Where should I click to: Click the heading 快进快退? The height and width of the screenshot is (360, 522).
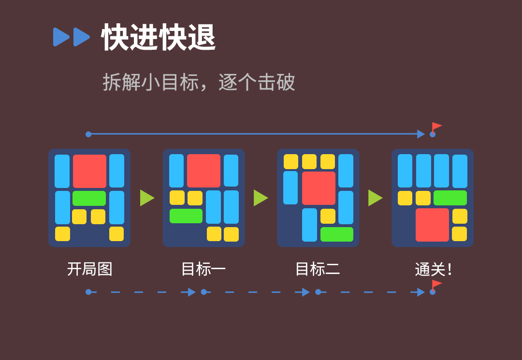point(159,37)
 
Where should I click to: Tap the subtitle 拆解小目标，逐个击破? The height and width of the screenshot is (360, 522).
point(199,82)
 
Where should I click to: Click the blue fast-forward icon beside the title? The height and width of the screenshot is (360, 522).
point(72,37)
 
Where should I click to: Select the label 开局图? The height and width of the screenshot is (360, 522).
point(89,269)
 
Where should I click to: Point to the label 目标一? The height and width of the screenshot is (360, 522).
point(203,269)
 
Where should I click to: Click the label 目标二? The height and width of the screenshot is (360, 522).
point(318,269)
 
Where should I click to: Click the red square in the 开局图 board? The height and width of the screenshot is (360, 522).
point(89,171)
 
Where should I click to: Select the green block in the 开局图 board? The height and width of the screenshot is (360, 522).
point(89,198)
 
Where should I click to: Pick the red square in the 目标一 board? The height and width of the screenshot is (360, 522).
point(203,171)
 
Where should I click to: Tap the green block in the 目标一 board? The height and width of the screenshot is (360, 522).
point(186,216)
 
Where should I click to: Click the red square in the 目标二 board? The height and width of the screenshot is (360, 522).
point(319,188)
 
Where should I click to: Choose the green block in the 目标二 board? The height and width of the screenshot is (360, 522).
point(337,234)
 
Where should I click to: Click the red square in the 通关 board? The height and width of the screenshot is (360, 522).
point(432,225)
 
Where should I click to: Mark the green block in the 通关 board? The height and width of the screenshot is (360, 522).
point(450,198)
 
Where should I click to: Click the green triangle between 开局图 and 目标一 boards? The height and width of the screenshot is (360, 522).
point(146,198)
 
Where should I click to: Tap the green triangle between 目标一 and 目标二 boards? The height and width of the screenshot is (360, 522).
point(260,198)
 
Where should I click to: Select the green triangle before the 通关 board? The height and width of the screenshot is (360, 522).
point(375,198)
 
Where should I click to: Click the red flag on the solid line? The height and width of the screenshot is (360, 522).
point(436,127)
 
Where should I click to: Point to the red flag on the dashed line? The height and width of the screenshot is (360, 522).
point(436,284)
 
